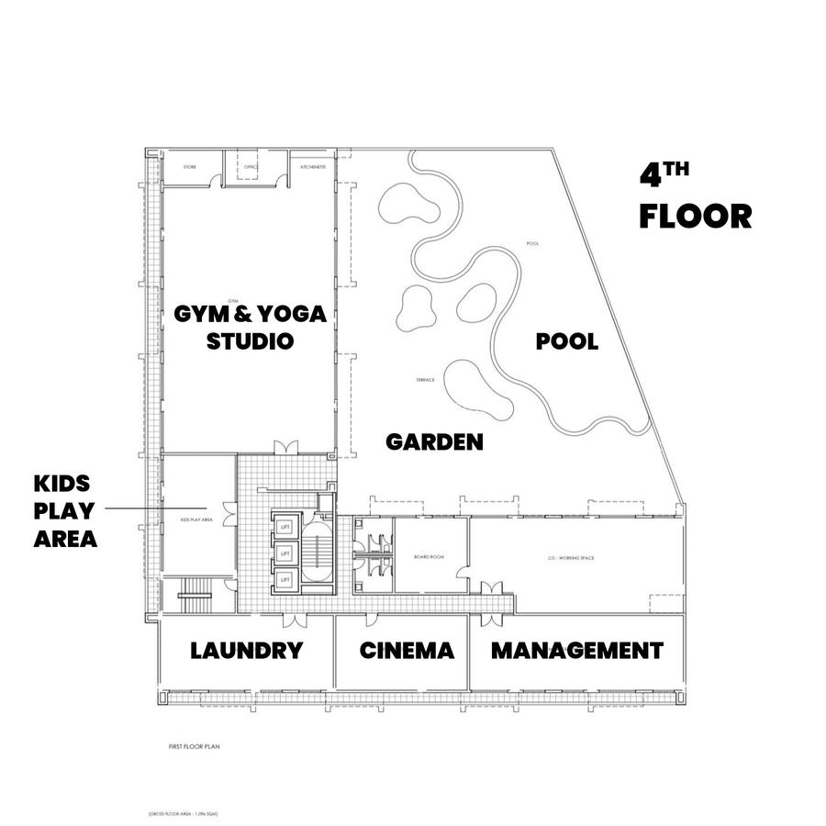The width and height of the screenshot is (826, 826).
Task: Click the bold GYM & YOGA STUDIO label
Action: pos(250,328)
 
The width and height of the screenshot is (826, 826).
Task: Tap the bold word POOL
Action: pos(567,342)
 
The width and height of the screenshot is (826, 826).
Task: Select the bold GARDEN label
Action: pos(434,442)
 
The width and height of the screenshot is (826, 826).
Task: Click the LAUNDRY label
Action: pos(246,652)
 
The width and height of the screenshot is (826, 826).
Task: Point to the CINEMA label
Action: pos(407,652)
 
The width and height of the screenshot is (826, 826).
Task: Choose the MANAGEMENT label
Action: pos(576,652)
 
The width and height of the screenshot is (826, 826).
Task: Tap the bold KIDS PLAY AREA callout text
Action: pos(65,511)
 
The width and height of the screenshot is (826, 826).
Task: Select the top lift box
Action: pos(285,526)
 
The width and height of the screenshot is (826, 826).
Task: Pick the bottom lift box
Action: pos(285,578)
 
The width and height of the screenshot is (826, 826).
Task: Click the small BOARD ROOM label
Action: pos(430,557)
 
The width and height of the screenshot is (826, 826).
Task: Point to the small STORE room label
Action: pos(190,168)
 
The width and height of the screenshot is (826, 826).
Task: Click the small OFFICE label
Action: pos(251,167)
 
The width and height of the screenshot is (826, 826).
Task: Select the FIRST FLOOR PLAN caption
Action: pos(194,747)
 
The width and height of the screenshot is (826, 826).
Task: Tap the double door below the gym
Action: pos(286,448)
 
